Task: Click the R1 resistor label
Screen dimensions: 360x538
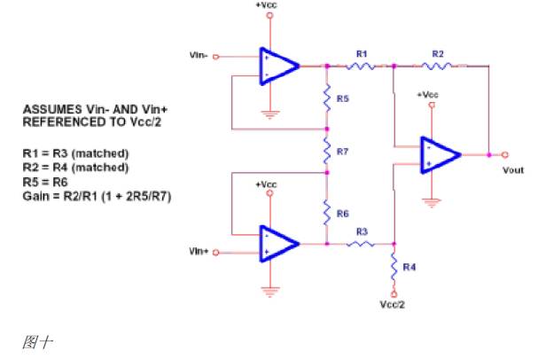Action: [x=361, y=54]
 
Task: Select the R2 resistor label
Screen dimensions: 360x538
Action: [x=437, y=54]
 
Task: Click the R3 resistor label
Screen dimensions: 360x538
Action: [x=361, y=231]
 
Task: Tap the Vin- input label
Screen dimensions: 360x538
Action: [x=200, y=54]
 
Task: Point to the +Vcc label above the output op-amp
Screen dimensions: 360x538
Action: [x=427, y=94]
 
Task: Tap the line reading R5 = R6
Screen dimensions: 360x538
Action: [x=46, y=176]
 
